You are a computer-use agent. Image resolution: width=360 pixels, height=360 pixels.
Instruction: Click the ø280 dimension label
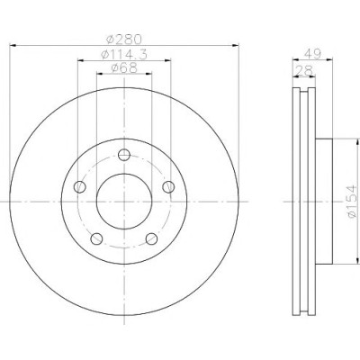pos(124,39)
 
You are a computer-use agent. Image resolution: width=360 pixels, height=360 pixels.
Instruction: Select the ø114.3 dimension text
pos(124,55)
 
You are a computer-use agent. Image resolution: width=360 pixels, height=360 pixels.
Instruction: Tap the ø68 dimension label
pos(124,68)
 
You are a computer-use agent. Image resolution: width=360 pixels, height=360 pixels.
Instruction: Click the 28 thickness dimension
pos(304,71)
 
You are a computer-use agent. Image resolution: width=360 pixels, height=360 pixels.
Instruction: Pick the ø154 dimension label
pos(352,202)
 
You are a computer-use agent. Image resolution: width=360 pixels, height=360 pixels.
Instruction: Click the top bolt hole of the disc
pos(124,155)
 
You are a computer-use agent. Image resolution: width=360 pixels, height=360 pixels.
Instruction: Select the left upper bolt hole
pos(80,187)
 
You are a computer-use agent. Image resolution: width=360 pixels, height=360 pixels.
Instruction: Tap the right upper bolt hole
pos(168,187)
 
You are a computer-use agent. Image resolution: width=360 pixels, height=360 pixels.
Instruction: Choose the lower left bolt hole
pos(96,238)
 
